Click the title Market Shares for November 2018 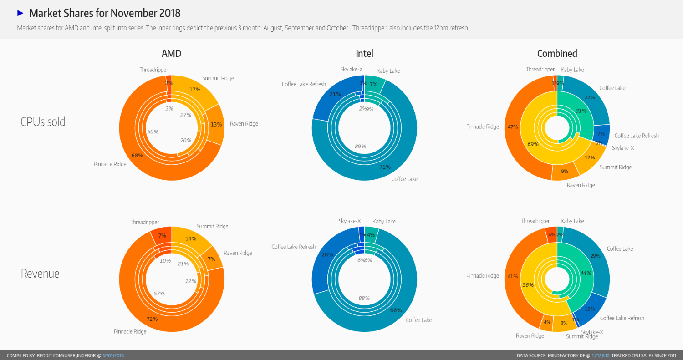click(x=105, y=13)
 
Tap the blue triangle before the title click(x=20, y=13)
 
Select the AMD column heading click(x=171, y=53)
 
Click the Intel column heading click(x=364, y=53)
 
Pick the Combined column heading click(x=557, y=53)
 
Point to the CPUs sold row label click(x=43, y=122)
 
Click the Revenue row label click(x=40, y=274)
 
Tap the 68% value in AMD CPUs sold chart click(x=137, y=156)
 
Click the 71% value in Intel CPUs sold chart click(x=385, y=167)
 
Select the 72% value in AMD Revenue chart click(x=152, y=319)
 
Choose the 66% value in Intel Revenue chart click(x=396, y=310)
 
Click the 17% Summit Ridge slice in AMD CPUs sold click(x=195, y=90)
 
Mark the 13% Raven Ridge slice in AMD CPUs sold click(x=216, y=125)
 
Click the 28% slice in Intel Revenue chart click(x=327, y=254)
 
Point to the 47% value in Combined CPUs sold click(x=513, y=127)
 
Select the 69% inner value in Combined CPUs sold click(x=533, y=144)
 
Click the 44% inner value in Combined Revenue click(x=585, y=273)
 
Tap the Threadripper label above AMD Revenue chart click(x=144, y=223)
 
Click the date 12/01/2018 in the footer click(x=113, y=355)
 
